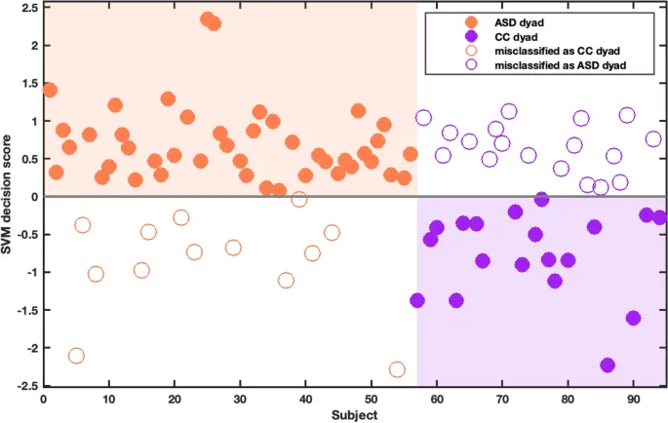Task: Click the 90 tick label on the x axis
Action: (633, 398)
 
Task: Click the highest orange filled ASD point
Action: (208, 19)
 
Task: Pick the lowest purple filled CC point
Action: (608, 365)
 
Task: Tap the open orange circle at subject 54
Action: (397, 369)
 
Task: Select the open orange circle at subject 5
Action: (76, 356)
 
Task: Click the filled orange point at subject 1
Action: (50, 90)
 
